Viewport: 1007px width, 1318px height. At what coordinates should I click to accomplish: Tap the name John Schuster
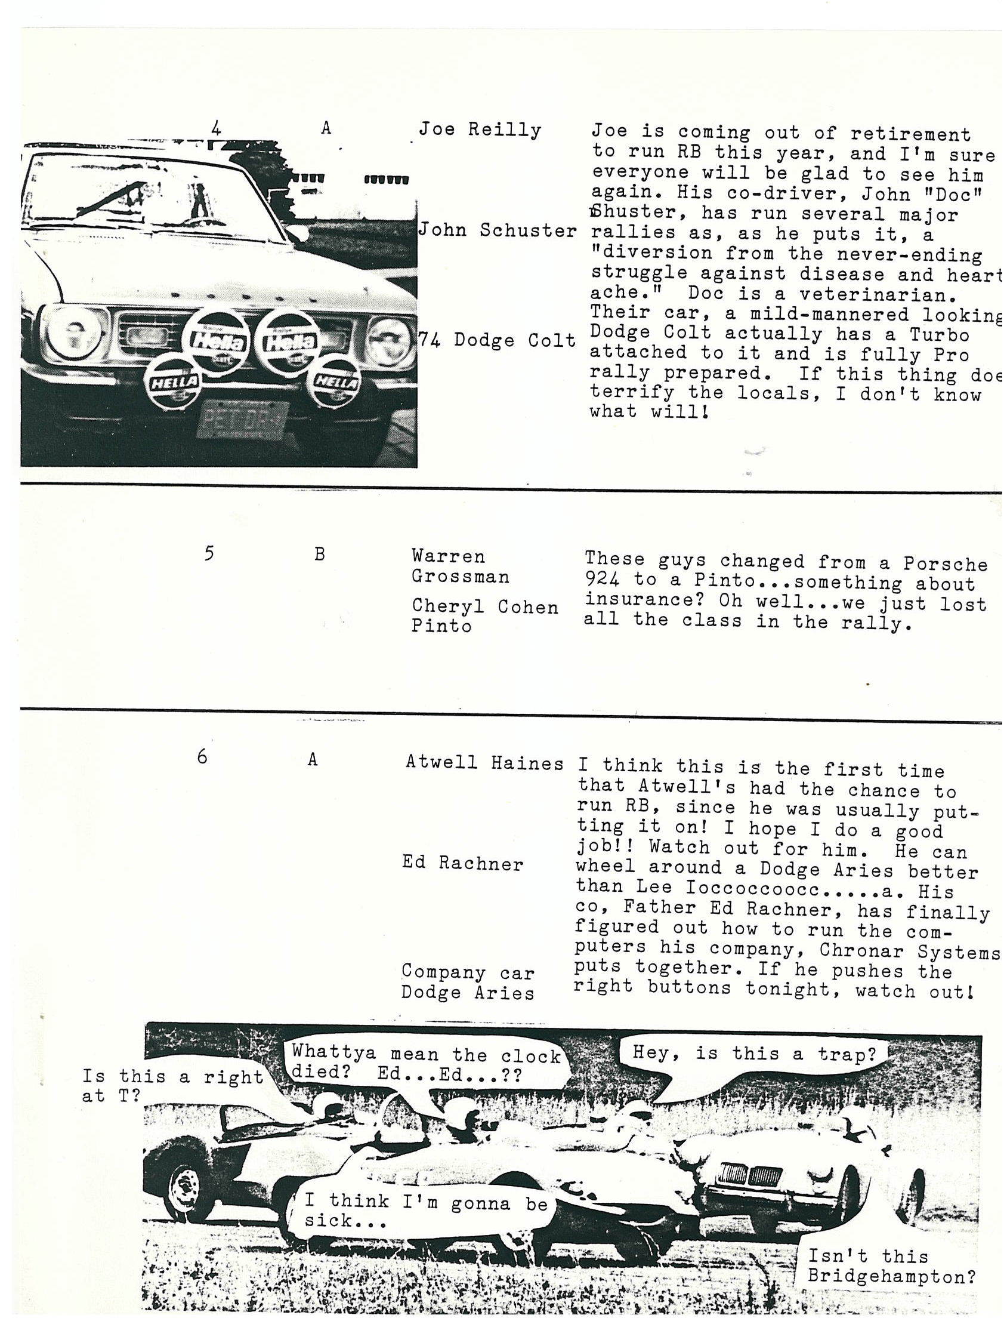(497, 230)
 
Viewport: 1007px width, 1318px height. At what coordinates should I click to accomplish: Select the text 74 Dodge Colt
(497, 341)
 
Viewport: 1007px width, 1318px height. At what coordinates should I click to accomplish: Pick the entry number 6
(202, 757)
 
